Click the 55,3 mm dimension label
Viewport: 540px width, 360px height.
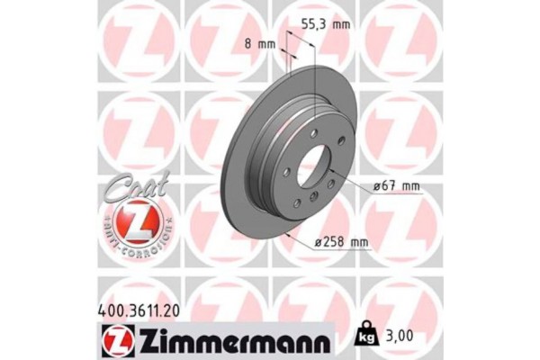click(324, 26)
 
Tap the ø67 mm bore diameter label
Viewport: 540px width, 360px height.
click(397, 186)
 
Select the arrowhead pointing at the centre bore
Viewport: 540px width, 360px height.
click(337, 179)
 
